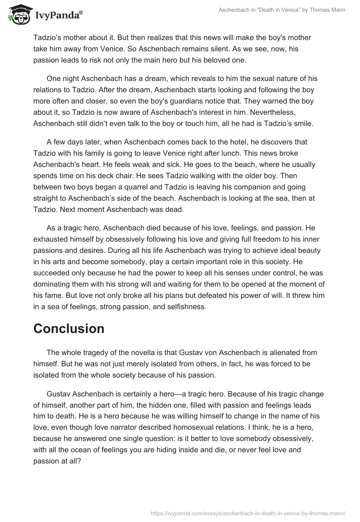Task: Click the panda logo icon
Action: tap(18, 15)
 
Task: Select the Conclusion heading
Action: tap(69, 328)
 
